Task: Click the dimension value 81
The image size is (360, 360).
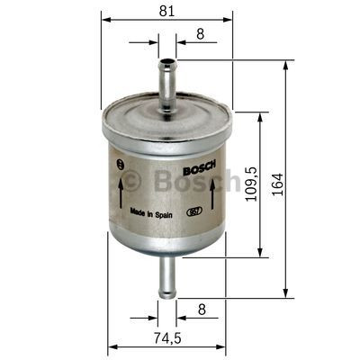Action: click(166, 10)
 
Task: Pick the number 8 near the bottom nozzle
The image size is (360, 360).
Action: click(200, 309)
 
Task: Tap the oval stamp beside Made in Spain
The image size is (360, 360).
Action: click(192, 213)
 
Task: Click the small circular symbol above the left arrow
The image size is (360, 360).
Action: click(121, 164)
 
